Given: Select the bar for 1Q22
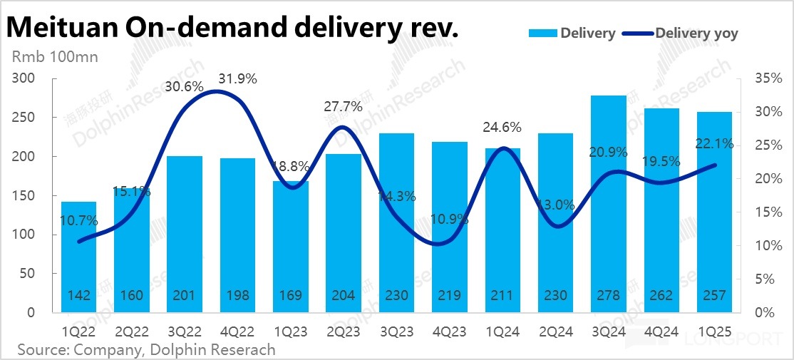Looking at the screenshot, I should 78,257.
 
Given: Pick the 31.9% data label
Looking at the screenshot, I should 239,79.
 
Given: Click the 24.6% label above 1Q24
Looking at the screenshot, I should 503,128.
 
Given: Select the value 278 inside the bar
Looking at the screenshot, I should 609,296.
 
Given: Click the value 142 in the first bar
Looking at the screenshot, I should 78,296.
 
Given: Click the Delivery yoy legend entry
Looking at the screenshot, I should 696,33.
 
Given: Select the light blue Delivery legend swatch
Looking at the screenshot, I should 542,33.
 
